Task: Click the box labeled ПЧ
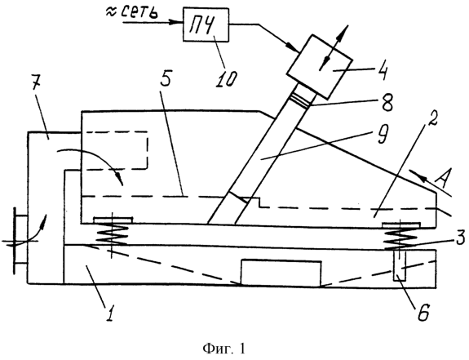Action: tap(206, 24)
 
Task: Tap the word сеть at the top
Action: tap(139, 12)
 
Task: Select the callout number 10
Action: tap(227, 78)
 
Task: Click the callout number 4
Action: tap(382, 70)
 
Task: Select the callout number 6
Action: tap(423, 313)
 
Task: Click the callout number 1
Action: tap(110, 312)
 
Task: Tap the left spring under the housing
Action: tap(112, 233)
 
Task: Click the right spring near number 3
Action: tap(400, 236)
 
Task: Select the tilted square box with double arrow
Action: tap(320, 67)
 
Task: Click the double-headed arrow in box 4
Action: tap(334, 48)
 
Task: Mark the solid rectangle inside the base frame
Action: tap(281, 273)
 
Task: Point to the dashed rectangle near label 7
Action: tap(114, 150)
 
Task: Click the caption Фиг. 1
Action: tap(223, 349)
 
